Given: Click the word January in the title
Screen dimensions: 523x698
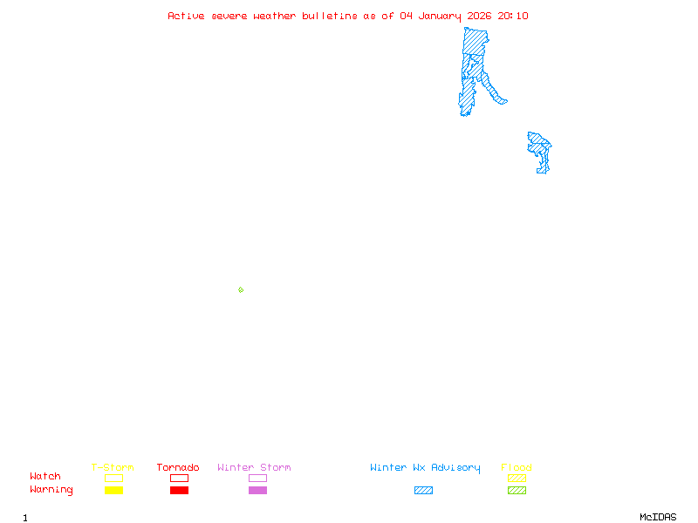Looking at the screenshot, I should (x=441, y=16).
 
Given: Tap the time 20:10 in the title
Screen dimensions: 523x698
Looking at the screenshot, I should (x=513, y=16).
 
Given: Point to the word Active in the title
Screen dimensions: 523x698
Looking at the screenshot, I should (x=187, y=16).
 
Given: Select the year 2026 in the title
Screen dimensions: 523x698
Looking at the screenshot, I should (x=479, y=16).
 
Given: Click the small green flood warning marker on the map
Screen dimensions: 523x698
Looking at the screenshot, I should (x=241, y=289).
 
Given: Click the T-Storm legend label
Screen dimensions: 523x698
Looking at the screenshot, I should (x=113, y=468).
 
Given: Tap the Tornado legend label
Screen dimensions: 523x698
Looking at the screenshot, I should (x=178, y=468).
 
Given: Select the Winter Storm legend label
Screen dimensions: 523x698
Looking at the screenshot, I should (x=254, y=468).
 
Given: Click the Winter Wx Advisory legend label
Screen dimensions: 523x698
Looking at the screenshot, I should (x=425, y=468).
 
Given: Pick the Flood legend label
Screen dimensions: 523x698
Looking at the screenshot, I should (x=517, y=468).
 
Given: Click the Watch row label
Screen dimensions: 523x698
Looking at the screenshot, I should (x=45, y=477).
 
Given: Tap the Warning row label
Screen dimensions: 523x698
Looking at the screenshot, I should (x=51, y=490).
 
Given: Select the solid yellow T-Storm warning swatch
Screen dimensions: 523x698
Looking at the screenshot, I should (x=113, y=491).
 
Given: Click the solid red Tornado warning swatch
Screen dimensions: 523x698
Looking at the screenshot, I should (x=179, y=491).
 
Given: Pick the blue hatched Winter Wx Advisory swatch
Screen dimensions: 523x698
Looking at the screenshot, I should (x=423, y=491).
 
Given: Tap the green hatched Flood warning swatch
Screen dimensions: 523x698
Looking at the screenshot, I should (x=517, y=491).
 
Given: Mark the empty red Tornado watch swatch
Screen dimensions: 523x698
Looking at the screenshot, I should (x=179, y=478).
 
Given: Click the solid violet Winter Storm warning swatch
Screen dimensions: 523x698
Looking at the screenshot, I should (x=257, y=491).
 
